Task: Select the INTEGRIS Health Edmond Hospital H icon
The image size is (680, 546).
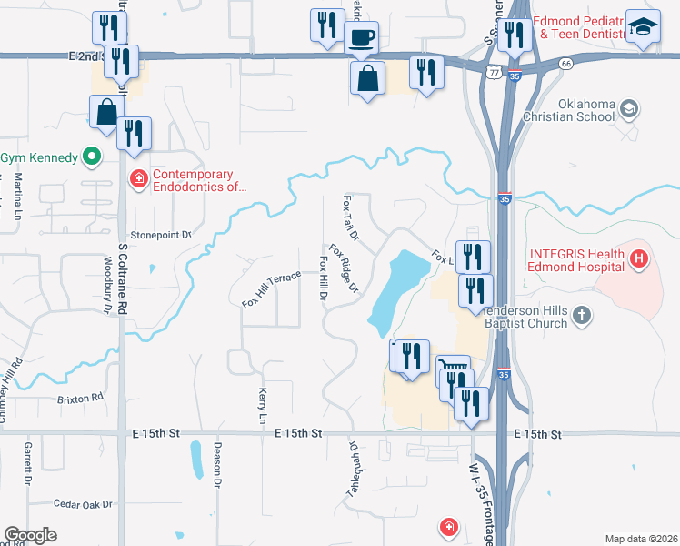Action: coord(639,259)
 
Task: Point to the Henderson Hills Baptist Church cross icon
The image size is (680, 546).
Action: coord(582,316)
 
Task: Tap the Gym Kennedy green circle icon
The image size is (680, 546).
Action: coord(91,157)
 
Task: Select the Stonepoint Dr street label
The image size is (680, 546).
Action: coord(161,235)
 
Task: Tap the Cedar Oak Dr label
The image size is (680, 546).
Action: coord(82,503)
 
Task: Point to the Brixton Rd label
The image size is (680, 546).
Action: coord(78,399)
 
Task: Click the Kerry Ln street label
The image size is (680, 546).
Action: coord(262,406)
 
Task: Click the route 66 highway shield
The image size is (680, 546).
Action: coord(565,64)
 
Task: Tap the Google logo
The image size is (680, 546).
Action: coord(30,535)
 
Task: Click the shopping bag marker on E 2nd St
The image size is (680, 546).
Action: coord(367,78)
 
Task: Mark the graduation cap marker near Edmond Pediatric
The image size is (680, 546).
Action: coord(644,27)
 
